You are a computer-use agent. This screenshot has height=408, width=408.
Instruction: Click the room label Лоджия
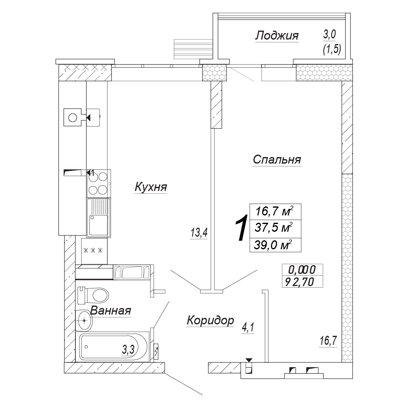click(277, 36)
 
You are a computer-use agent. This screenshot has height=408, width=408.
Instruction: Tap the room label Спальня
click(277, 160)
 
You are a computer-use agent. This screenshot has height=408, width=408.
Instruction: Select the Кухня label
click(151, 187)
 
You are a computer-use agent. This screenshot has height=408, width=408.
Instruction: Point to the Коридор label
click(210, 320)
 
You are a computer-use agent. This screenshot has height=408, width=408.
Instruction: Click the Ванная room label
click(111, 310)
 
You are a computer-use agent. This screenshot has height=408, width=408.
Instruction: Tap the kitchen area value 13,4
click(199, 233)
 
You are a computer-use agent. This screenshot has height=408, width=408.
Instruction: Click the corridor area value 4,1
click(248, 328)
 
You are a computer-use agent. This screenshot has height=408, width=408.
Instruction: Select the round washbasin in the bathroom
click(84, 320)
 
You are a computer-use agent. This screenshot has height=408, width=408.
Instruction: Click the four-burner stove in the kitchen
click(98, 183)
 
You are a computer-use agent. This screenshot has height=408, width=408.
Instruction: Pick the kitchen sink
click(98, 217)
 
